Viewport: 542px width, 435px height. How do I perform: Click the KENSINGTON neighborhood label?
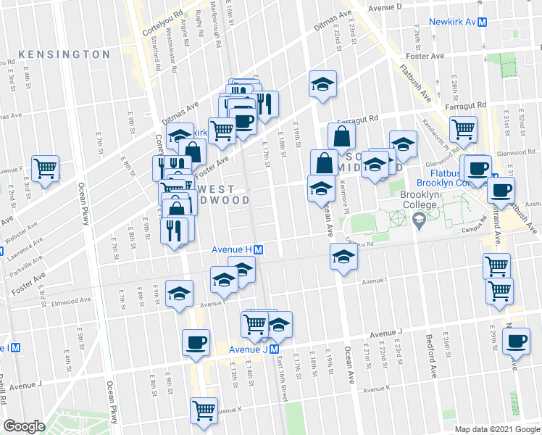point(64,54)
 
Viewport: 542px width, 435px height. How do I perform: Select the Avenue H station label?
point(231,249)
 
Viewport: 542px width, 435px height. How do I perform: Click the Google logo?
point(23,426)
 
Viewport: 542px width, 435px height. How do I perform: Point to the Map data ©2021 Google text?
point(496,429)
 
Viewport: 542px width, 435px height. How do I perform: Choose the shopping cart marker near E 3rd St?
point(46,169)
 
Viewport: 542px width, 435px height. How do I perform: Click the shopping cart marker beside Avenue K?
point(204,410)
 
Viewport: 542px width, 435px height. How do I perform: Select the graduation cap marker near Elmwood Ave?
point(179,294)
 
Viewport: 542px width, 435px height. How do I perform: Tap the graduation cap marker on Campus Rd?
point(343,257)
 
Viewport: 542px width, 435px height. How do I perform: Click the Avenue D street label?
point(384,7)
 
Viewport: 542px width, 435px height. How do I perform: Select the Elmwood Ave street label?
point(75,299)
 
